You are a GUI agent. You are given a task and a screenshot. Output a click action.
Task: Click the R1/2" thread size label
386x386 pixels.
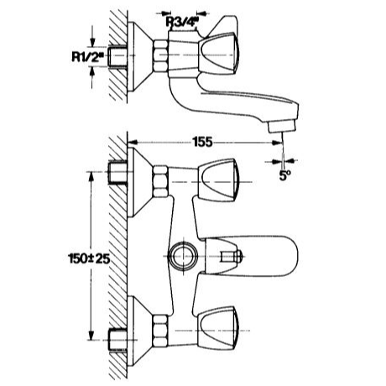[x=87, y=57]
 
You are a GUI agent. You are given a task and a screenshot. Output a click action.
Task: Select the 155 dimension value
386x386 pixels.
[x=203, y=142]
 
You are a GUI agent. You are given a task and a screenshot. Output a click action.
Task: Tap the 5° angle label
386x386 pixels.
[x=284, y=175]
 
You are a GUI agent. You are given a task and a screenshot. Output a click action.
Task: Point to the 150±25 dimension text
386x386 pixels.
[x=89, y=258]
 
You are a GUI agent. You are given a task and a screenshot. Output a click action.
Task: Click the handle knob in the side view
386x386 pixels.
[x=219, y=54]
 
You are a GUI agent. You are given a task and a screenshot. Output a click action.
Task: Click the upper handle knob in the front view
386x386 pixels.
[x=218, y=180]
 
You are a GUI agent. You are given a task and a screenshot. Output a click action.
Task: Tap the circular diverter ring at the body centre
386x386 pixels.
[x=184, y=257]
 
